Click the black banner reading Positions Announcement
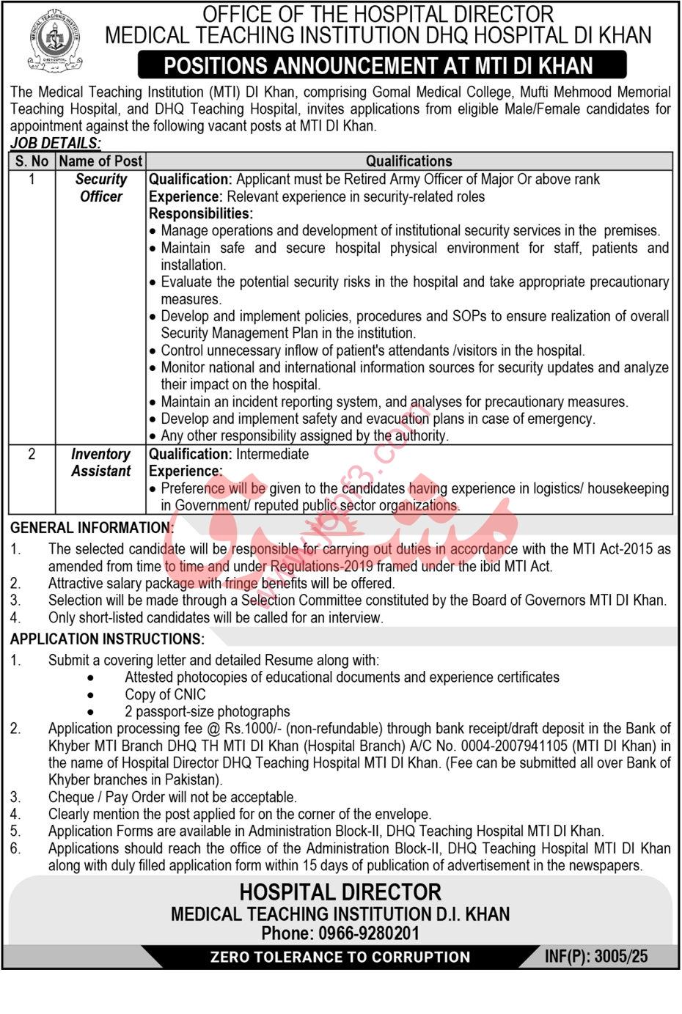coord(382,66)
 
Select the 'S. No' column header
coord(32,161)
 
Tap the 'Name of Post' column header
coord(100,161)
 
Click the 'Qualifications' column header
coord(408,161)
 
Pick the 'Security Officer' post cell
coord(101,188)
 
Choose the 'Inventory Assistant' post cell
coord(101,463)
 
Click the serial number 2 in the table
coord(32,455)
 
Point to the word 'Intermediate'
coord(272,454)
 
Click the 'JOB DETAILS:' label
coord(56,144)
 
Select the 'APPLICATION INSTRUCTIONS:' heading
coord(107,639)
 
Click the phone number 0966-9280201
coord(369,933)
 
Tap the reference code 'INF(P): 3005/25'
coord(596,957)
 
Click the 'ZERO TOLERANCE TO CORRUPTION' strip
coord(340,957)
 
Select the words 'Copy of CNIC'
coord(165,694)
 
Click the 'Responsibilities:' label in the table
coord(201,213)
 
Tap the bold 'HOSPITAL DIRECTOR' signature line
coord(340,892)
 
